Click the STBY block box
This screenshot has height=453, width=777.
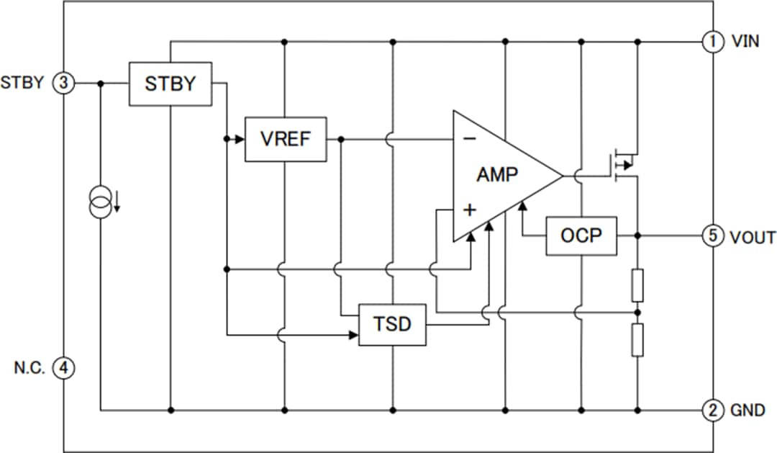171,84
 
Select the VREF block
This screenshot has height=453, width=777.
286,139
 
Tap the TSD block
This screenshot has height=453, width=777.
392,325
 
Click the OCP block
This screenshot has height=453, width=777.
581,236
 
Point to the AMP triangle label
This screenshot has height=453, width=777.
497,174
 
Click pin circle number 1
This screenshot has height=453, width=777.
712,41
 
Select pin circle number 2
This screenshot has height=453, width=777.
712,411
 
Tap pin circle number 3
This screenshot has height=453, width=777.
64,83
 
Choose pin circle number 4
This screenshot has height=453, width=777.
64,368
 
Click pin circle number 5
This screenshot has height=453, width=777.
712,236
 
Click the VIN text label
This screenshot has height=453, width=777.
745,41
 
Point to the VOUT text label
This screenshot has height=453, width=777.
753,236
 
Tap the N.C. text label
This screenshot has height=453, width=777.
30,368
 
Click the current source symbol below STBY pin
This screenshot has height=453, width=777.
101,202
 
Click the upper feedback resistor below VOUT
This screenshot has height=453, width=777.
637,285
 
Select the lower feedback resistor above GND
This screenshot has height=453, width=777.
637,341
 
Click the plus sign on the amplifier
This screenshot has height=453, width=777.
469,210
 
